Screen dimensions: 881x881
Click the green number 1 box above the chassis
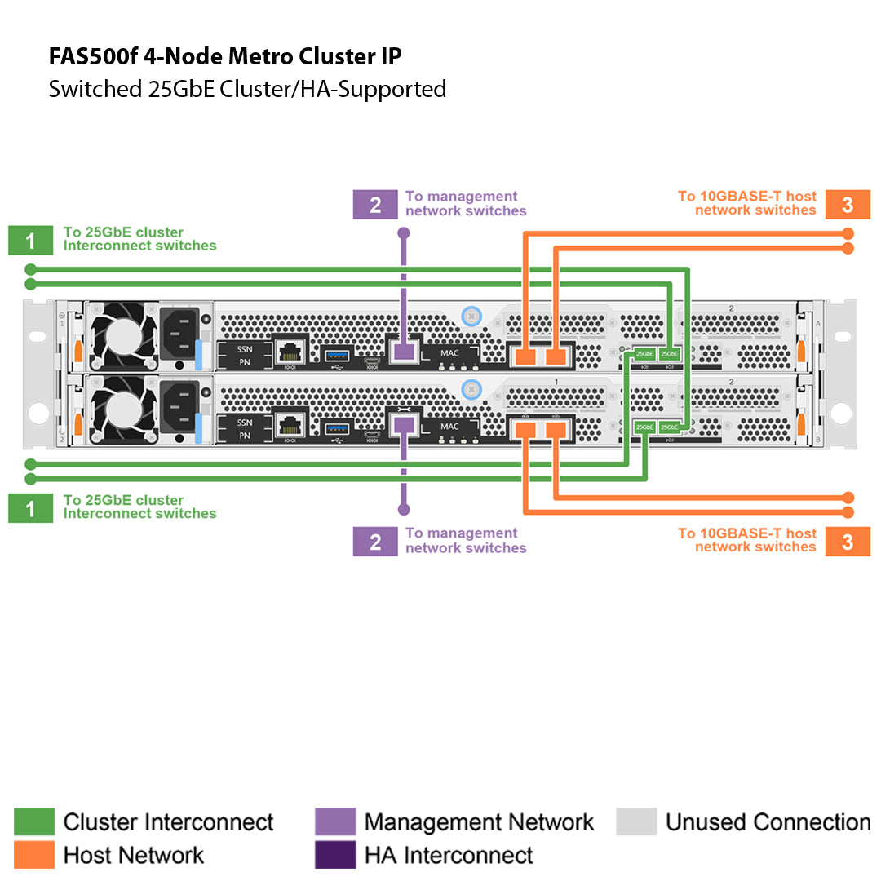click(30, 241)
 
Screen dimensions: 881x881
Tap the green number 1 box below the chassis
click(30, 509)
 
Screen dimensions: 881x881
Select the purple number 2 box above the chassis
click(374, 205)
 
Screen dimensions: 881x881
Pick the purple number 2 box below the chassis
click(374, 542)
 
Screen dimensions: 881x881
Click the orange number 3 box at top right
click(848, 205)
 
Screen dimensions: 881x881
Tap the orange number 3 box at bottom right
click(848, 542)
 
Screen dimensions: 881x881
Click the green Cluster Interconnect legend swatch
click(34, 821)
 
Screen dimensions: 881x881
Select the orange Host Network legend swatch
click(34, 855)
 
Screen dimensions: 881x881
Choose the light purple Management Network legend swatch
click(335, 821)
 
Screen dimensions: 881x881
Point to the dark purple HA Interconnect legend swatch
click(335, 855)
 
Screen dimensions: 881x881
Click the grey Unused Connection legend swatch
click(636, 821)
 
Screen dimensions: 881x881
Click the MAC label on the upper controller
click(449, 353)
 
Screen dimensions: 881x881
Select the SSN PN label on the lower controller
click(245, 429)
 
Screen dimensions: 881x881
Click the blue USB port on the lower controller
click(336, 427)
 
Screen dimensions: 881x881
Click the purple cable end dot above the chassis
click(403, 233)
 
